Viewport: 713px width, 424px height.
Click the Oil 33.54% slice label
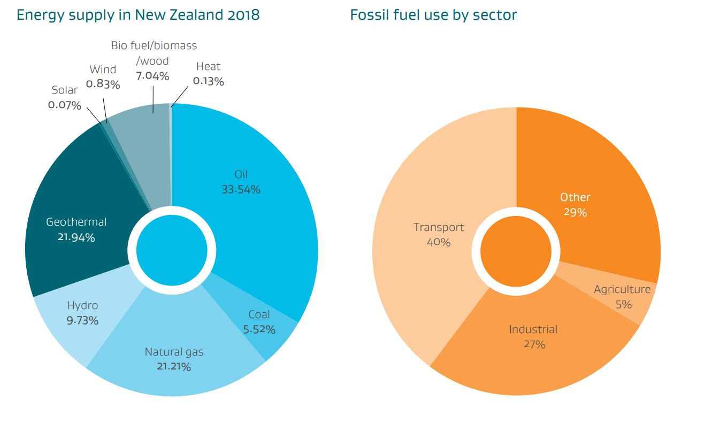[x=241, y=182]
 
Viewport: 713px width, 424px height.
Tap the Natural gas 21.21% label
[x=174, y=359]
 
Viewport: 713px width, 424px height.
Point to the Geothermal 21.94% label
[x=76, y=229]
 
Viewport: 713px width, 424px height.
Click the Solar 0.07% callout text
[x=65, y=97]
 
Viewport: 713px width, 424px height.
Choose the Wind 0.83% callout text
[x=103, y=76]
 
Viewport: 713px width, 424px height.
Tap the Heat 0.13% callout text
[x=208, y=74]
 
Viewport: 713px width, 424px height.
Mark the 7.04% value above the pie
[x=152, y=76]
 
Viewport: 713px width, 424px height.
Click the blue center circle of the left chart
[x=171, y=251]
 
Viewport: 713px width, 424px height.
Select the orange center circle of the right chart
[x=516, y=251]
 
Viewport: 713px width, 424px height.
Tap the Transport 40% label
[x=439, y=235]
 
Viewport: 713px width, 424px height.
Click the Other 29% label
[x=575, y=204]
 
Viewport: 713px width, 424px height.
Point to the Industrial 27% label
[x=533, y=336]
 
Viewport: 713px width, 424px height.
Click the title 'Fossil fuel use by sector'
[x=433, y=15]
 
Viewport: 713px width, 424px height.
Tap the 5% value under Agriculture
[x=623, y=305]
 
